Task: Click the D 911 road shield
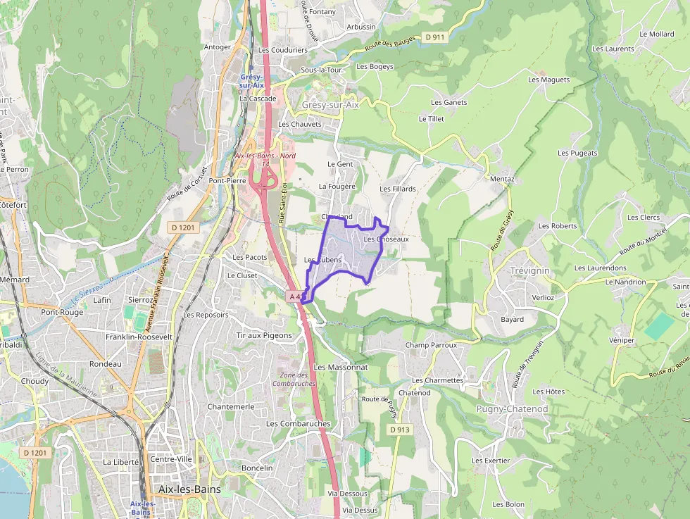[435, 37]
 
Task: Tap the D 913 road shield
[399, 429]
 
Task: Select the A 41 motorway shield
[296, 296]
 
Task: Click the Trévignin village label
[529, 270]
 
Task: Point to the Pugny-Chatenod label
[512, 409]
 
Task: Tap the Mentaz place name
[502, 179]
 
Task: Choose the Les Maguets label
[548, 80]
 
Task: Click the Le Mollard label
[656, 34]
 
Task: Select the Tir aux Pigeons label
[264, 335]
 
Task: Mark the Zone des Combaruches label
[294, 379]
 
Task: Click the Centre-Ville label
[171, 458]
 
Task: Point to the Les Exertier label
[491, 461]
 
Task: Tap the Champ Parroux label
[431, 345]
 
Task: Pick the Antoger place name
[217, 47]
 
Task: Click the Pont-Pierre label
[226, 180]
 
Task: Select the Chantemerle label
[231, 406]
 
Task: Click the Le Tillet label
[432, 119]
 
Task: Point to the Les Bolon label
[508, 504]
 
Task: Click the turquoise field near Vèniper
[659, 325]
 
